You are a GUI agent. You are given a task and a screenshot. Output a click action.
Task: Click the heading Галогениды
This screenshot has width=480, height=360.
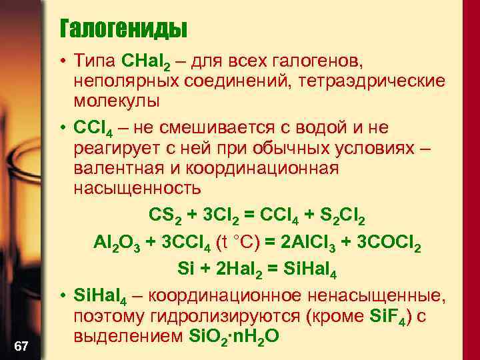click(x=123, y=29)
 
